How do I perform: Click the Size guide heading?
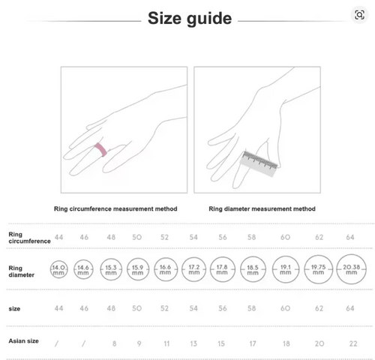pos(190,19)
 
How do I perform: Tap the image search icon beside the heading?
pos(359,15)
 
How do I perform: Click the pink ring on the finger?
pos(100,149)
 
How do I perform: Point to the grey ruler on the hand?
pos(259,163)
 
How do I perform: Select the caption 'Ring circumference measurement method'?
pos(115,208)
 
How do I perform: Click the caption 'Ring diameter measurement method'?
pos(262,208)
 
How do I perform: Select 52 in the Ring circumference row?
pos(164,237)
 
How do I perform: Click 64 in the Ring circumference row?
pos(350,237)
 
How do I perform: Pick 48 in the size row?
pos(111,308)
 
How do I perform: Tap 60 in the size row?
pos(285,308)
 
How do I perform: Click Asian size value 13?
pos(193,343)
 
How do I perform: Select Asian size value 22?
pos(353,343)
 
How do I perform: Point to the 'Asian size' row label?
pos(23,341)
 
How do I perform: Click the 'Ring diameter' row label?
pos(21,271)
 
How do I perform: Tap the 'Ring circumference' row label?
pos(29,238)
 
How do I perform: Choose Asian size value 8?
pos(114,343)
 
